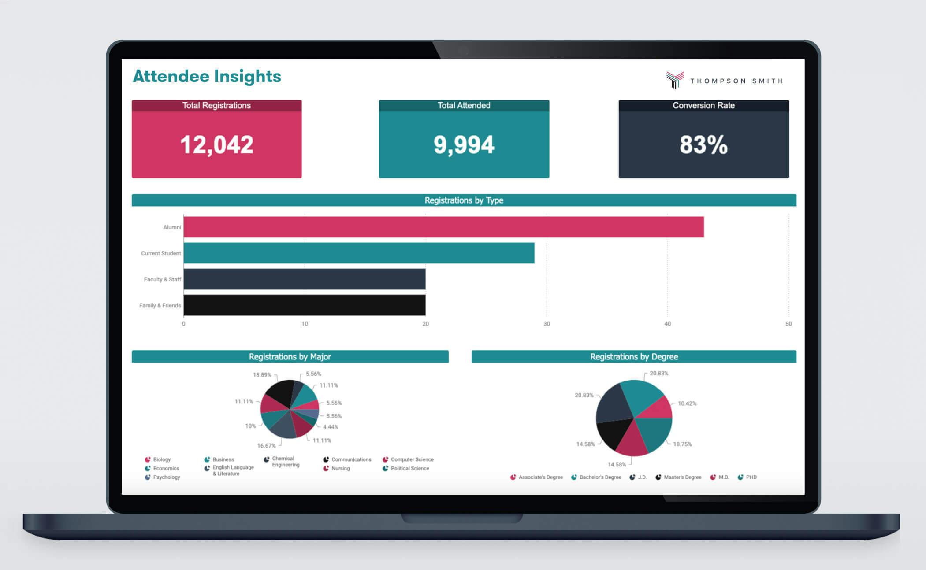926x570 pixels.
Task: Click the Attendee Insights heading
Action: (x=207, y=76)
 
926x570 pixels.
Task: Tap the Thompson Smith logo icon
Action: (x=675, y=80)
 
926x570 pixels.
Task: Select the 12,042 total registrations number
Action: (x=216, y=144)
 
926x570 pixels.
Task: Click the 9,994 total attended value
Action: (x=464, y=144)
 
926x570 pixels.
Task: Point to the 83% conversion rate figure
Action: (x=703, y=144)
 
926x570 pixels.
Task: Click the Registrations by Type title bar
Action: (x=464, y=200)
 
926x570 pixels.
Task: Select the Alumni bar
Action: (x=443, y=227)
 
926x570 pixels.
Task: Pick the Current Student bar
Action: (x=359, y=253)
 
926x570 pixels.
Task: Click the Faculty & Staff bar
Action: (x=304, y=279)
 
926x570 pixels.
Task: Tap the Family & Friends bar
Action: (x=304, y=305)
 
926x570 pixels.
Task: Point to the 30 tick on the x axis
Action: (x=547, y=324)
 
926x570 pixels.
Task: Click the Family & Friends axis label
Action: (x=160, y=306)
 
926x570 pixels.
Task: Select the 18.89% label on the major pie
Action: (x=262, y=375)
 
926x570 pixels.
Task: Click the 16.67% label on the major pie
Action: (x=266, y=446)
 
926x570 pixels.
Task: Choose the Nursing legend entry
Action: (x=340, y=469)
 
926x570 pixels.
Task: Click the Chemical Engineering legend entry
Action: (x=285, y=462)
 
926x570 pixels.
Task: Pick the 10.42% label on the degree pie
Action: (x=687, y=403)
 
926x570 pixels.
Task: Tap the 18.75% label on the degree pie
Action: (x=682, y=444)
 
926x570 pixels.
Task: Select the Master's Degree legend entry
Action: (x=682, y=477)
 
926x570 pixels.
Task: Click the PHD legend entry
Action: (x=751, y=477)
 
